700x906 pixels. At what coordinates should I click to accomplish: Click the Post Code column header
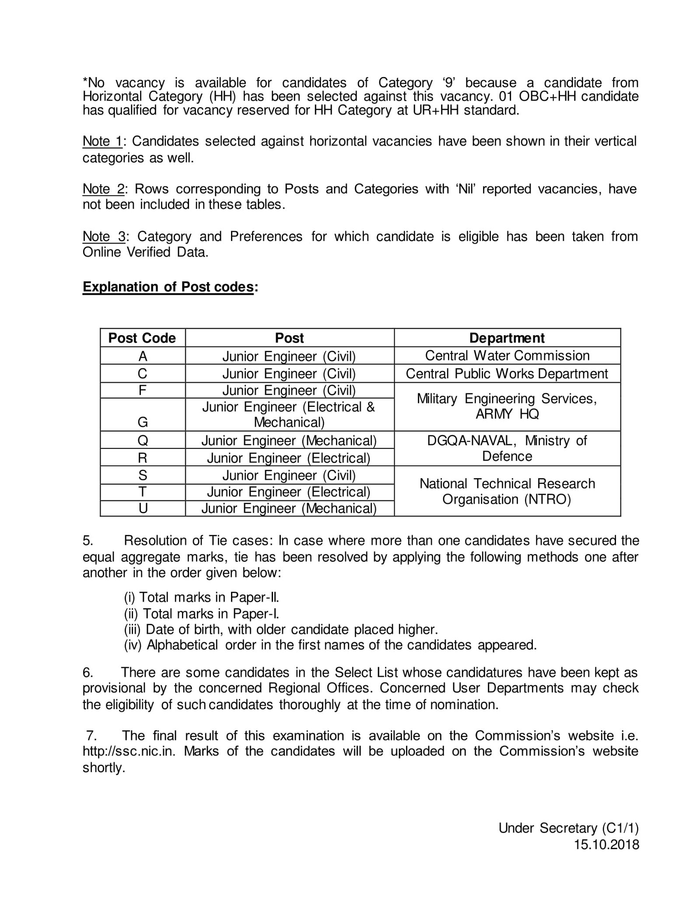[142, 338]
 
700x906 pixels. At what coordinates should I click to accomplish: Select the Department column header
[507, 338]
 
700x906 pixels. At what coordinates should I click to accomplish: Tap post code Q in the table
[143, 441]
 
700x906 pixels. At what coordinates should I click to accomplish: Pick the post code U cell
[143, 509]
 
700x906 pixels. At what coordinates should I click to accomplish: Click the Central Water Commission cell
[507, 356]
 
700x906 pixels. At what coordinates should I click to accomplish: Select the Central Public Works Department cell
[507, 374]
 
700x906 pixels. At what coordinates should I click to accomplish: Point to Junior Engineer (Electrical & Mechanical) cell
[289, 415]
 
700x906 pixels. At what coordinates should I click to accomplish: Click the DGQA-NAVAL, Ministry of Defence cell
[507, 448]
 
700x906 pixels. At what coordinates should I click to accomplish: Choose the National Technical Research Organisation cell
[507, 491]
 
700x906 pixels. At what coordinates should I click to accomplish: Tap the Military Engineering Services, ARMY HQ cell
[507, 406]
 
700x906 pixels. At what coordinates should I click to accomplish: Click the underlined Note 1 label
[102, 142]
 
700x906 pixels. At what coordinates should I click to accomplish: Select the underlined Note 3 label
[104, 237]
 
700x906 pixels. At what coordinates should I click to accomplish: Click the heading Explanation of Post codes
[168, 287]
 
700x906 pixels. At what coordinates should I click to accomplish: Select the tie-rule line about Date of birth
[280, 630]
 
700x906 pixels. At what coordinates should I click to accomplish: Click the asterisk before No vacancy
[85, 82]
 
